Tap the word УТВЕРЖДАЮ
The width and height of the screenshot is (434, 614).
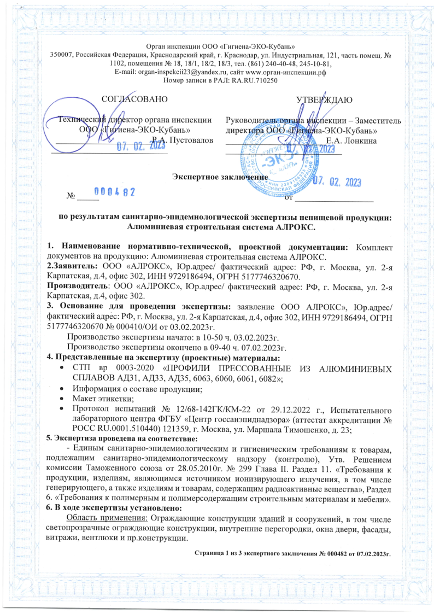pyautogui.click(x=324, y=99)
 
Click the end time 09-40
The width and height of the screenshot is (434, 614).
pyautogui.click(x=194, y=348)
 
